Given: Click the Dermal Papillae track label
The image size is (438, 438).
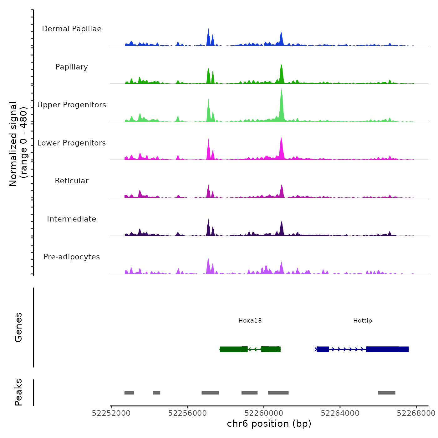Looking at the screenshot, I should [72, 29].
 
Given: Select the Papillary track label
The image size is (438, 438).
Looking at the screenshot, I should [72, 67].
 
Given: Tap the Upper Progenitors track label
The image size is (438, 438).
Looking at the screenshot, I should [72, 105].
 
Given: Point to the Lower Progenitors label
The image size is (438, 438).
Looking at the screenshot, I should [72, 143].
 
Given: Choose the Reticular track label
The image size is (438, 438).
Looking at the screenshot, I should [72, 181].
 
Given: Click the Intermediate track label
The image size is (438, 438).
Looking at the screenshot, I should [72, 219].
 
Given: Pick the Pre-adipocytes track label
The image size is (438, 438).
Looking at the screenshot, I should [72, 257].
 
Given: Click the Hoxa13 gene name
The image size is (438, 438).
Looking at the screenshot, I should [250, 321].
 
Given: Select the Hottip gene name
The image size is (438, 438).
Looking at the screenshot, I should [362, 321].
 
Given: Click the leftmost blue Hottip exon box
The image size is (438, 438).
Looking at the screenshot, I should [323, 349].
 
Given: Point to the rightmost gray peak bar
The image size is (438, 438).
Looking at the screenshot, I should [387, 393].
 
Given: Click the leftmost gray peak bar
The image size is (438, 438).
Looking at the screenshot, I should [129, 393].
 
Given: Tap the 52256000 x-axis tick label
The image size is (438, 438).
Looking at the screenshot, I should [187, 413].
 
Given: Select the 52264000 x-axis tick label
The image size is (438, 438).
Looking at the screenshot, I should [340, 413].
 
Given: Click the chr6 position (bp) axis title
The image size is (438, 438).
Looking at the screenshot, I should [269, 424].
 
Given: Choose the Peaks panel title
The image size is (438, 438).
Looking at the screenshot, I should [18, 392].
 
